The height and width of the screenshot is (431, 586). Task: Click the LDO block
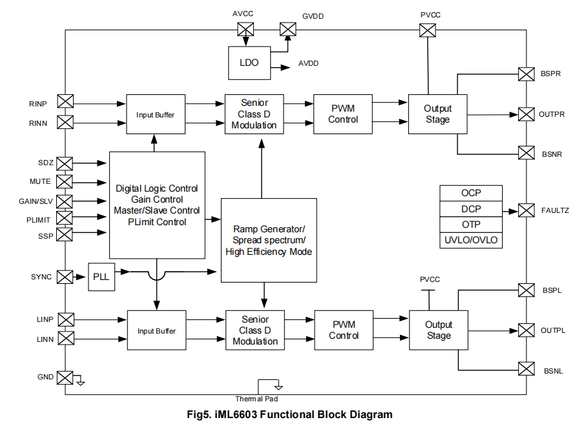pyautogui.click(x=249, y=63)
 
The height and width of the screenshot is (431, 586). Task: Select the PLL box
pyautogui.click(x=101, y=277)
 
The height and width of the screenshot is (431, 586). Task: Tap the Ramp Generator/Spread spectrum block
pyautogui.click(x=269, y=240)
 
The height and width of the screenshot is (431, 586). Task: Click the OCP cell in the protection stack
pyautogui.click(x=471, y=193)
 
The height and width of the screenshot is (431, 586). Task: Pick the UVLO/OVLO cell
pyautogui.click(x=471, y=241)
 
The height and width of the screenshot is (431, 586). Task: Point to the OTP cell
pyautogui.click(x=471, y=225)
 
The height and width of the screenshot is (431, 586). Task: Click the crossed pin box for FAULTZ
pyautogui.click(x=527, y=210)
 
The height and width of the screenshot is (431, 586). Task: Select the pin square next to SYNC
pyautogui.click(x=65, y=277)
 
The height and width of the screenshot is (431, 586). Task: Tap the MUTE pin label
pyautogui.click(x=40, y=181)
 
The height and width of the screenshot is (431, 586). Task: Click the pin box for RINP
pyautogui.click(x=65, y=101)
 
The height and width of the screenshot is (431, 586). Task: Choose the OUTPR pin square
pyautogui.click(x=527, y=114)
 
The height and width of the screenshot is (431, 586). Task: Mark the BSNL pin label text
pyautogui.click(x=552, y=371)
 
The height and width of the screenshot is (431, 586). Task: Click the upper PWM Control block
pyautogui.click(x=343, y=114)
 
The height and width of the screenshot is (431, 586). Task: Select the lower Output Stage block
pyautogui.click(x=439, y=330)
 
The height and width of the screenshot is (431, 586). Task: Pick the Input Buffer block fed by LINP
pyautogui.click(x=156, y=331)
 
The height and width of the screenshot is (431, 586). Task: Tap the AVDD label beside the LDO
pyautogui.click(x=308, y=63)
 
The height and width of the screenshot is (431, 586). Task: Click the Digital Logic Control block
pyautogui.click(x=157, y=205)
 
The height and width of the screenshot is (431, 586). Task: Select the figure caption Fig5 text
pyautogui.click(x=289, y=415)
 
